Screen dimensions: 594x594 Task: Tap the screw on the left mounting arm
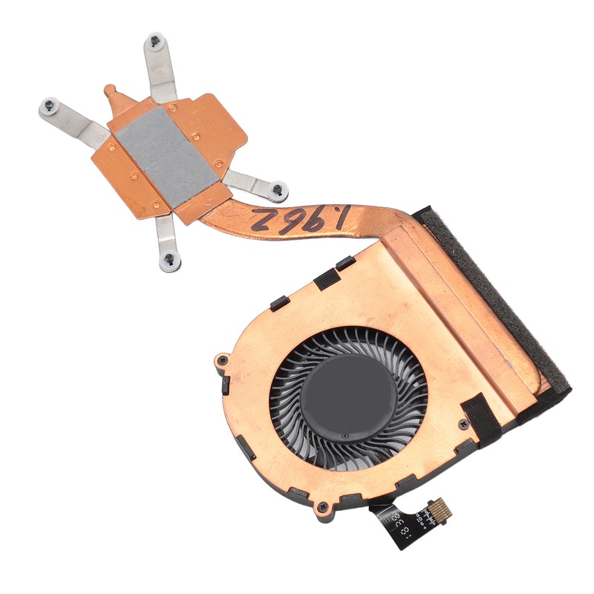(x=50, y=105)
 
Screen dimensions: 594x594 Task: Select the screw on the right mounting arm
(x=278, y=189)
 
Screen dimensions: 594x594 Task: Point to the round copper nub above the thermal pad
(x=111, y=91)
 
